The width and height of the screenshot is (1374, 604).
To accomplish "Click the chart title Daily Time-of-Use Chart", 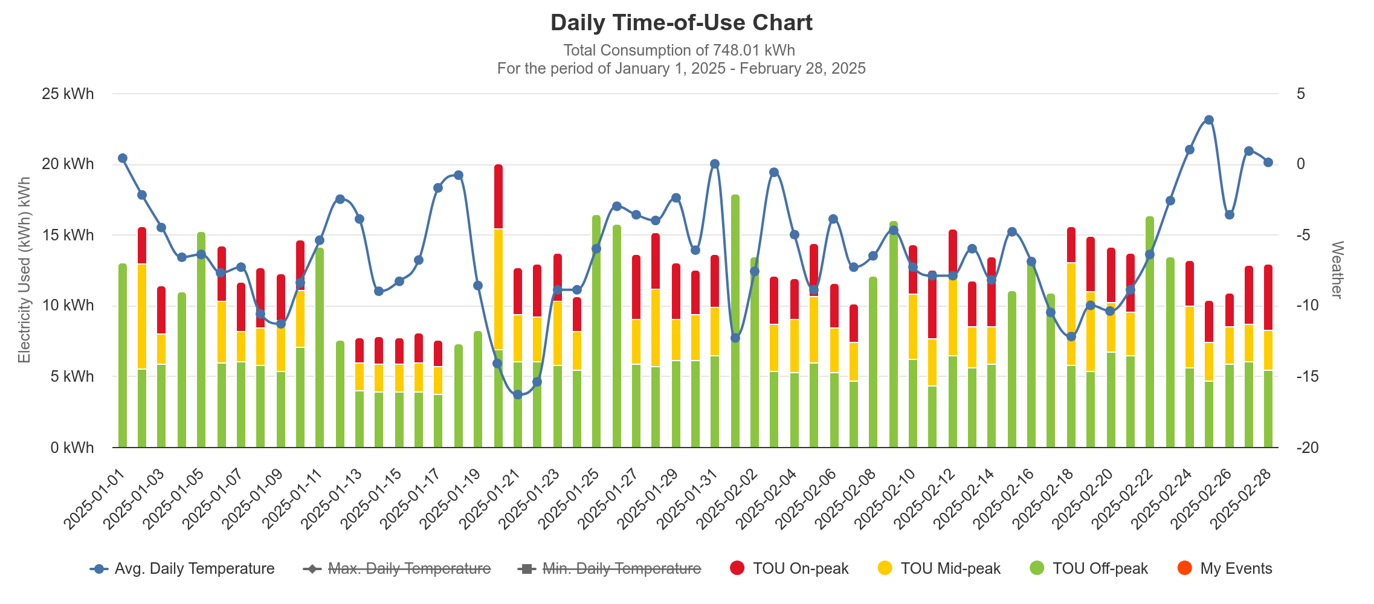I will (x=681, y=23).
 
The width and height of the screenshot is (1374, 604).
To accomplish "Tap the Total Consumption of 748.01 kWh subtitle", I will (x=679, y=50).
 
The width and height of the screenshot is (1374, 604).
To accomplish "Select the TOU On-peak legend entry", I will (x=790, y=568).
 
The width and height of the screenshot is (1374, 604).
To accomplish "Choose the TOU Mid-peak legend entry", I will (x=940, y=568).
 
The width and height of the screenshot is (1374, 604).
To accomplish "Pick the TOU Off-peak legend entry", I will (x=1089, y=568).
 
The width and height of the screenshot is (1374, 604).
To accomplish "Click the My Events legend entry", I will (x=1225, y=568).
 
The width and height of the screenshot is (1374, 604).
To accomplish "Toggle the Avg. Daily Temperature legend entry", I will (x=183, y=568).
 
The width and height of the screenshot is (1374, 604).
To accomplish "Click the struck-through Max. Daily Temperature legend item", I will (x=399, y=568).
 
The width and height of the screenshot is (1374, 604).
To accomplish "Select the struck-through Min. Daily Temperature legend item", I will (x=610, y=568).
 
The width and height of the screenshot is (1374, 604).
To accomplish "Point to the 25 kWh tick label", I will (x=68, y=94).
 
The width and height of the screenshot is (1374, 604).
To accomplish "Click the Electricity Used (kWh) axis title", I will (x=24, y=270).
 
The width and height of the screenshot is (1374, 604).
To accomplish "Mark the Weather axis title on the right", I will (x=1337, y=270).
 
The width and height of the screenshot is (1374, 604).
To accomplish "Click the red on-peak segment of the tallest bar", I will (x=498, y=196).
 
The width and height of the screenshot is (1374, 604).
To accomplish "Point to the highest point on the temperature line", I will (x=1209, y=120).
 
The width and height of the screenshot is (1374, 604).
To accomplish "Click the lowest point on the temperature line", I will (x=518, y=394).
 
